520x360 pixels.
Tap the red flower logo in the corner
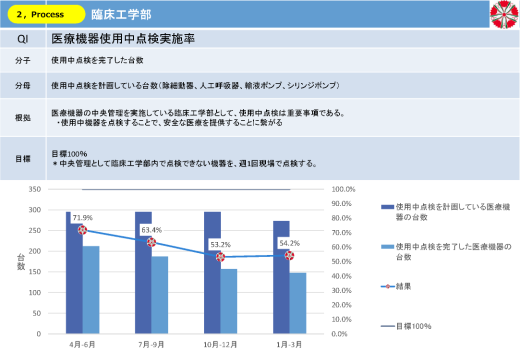pos(504,14)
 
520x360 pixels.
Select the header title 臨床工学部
pos(121,14)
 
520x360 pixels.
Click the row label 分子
pos(23,60)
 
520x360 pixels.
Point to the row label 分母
pos(23,85)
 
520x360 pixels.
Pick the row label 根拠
pos(23,118)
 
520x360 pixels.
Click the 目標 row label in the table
pos(23,159)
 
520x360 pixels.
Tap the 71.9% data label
pos(83,218)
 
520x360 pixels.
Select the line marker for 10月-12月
pos(220,257)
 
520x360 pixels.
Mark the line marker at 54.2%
pos(289,255)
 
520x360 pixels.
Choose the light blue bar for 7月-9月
pos(160,295)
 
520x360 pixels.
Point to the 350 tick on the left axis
pos(34,189)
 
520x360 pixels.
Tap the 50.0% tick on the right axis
pos(343,261)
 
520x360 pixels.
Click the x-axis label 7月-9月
pos(151,345)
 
